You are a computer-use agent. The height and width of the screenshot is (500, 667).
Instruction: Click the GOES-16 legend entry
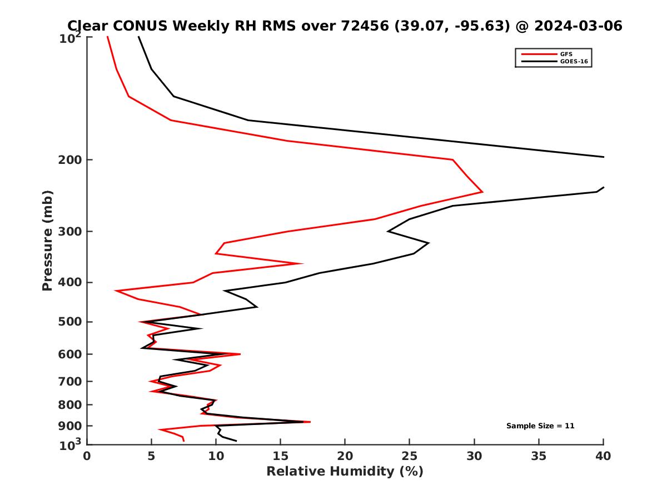(x=573, y=62)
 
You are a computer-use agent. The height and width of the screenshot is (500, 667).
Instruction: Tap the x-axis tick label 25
(x=409, y=456)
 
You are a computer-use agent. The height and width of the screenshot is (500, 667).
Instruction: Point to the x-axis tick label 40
(x=603, y=456)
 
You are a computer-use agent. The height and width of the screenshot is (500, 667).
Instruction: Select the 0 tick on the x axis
(x=87, y=456)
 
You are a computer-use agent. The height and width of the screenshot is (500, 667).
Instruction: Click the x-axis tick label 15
(x=280, y=456)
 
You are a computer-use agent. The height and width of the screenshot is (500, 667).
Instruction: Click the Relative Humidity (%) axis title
(x=345, y=472)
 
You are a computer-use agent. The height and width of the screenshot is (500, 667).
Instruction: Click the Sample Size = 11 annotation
(x=540, y=426)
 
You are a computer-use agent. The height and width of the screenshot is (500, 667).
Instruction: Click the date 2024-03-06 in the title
(x=576, y=26)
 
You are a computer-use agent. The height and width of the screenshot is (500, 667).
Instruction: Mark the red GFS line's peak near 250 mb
(x=482, y=192)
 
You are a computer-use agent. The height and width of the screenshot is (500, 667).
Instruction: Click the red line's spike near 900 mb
(x=310, y=422)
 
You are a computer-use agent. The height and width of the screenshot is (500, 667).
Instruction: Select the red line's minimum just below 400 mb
(x=116, y=291)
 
